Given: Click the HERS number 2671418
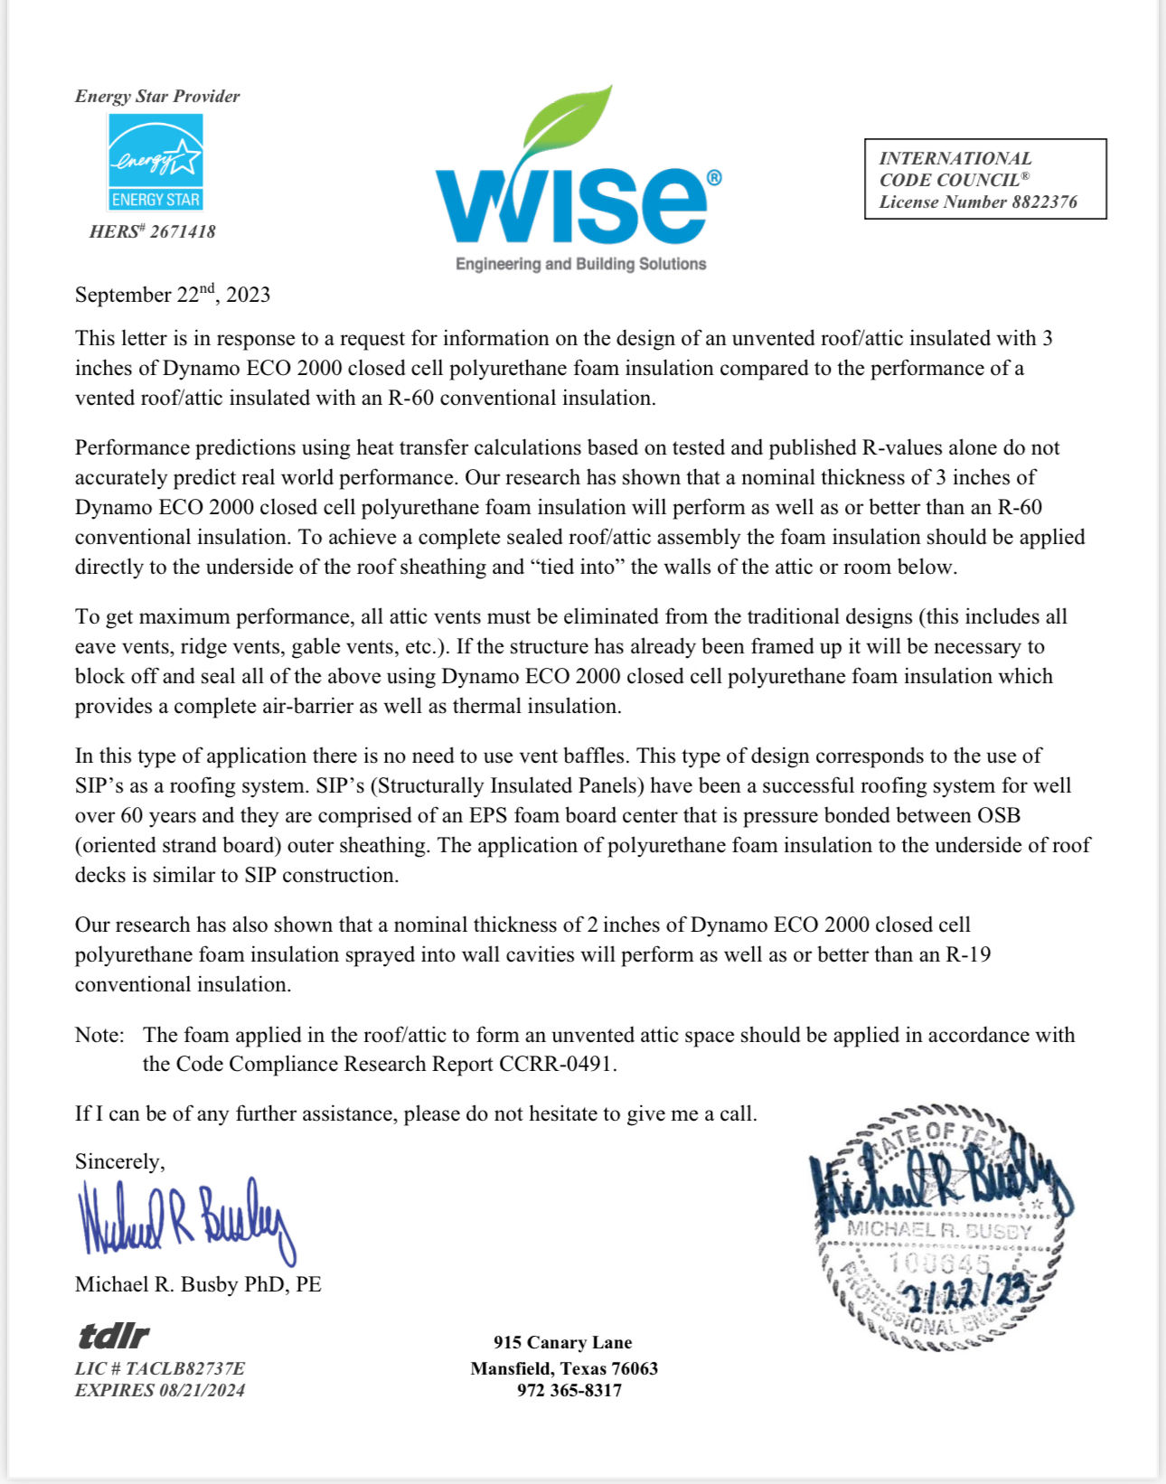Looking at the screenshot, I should coord(153,231).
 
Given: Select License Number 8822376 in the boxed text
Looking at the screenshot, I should coord(978,202).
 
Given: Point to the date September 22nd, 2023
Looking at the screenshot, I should coord(173,295).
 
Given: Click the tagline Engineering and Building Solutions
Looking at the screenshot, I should coord(580,264).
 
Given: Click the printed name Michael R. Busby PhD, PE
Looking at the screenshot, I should coord(198,1284).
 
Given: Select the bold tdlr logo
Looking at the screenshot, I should coord(113,1335).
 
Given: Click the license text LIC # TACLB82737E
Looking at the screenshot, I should coord(160,1368).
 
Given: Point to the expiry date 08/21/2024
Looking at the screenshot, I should coord(202,1390).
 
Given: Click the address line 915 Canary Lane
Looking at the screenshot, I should coord(562,1342).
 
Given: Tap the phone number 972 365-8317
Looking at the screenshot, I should coord(569,1390).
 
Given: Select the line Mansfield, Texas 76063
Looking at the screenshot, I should coord(564,1368).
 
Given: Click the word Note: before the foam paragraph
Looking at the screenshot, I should coord(99,1035).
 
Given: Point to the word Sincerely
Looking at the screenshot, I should coord(119,1161).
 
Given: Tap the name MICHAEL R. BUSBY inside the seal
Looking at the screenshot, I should coord(938,1230).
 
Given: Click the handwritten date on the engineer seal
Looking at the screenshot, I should coord(967,1295).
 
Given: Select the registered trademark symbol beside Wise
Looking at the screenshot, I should coord(714,177).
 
